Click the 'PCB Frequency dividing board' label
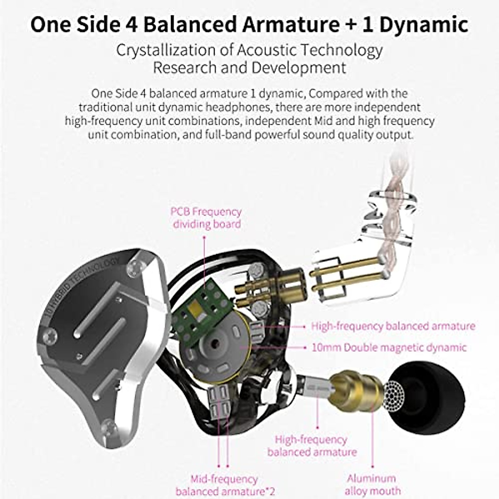pyautogui.click(x=206, y=218)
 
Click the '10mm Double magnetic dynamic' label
pyautogui.click(x=389, y=347)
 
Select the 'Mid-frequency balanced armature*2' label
pyautogui.click(x=225, y=485)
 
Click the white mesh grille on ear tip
pyautogui.click(x=395, y=393)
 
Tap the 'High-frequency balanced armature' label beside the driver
pyautogui.click(x=393, y=326)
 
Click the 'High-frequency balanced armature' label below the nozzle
pyautogui.click(x=311, y=446)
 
